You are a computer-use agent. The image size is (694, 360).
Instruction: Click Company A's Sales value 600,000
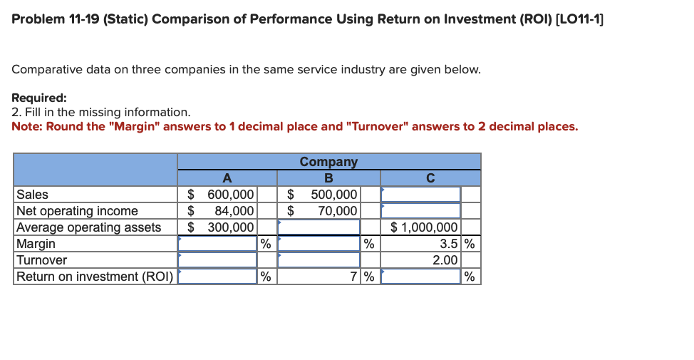(x=230, y=195)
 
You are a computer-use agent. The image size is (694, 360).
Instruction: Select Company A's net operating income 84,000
(x=234, y=211)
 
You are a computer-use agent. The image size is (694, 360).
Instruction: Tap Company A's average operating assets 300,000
(x=230, y=227)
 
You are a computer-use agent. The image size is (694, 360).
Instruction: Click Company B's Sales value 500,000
(x=333, y=195)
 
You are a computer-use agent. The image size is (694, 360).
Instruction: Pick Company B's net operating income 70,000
(x=337, y=211)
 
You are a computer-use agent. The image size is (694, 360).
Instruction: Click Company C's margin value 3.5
(x=447, y=244)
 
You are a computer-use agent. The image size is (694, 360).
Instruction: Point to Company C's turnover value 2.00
(x=445, y=260)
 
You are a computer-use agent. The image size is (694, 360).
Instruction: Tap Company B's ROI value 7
(x=353, y=277)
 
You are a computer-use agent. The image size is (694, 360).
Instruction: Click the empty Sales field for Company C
(x=420, y=195)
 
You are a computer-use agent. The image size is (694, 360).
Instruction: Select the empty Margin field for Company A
(x=217, y=244)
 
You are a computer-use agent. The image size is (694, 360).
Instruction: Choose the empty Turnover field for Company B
(x=319, y=260)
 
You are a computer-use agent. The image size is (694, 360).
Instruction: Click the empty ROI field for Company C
(x=420, y=277)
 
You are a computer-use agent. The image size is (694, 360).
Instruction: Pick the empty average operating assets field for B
(x=319, y=227)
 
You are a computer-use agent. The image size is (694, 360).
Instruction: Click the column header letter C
(x=430, y=178)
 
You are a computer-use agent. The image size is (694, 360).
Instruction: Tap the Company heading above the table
(x=328, y=162)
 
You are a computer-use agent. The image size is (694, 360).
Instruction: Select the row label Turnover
(x=41, y=260)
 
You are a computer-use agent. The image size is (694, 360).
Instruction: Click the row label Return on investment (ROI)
(x=95, y=277)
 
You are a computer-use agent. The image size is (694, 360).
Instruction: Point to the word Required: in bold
(x=39, y=98)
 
